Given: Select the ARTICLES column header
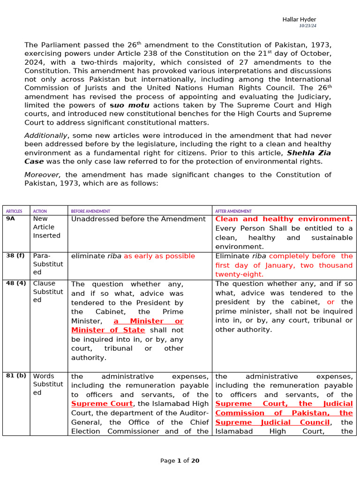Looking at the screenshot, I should click(14, 211).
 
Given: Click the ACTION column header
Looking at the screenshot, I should click(40, 211).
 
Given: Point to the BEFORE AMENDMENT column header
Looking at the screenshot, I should click(90, 211).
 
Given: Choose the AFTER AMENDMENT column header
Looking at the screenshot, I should click(233, 211).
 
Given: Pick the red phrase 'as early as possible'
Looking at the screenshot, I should click(159, 256).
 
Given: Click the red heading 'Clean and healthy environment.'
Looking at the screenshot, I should click(284, 219).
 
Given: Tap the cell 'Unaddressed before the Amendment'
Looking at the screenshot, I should click(138, 219).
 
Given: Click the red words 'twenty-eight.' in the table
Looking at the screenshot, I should click(240, 274).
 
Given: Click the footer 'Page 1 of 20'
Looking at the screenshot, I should click(180, 461).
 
